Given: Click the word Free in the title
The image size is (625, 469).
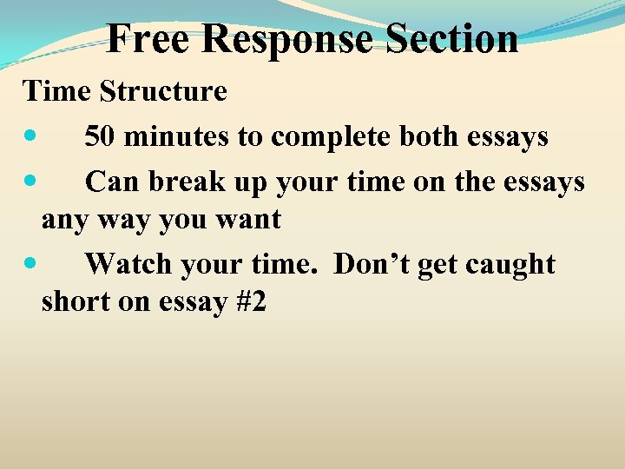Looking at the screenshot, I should pyautogui.click(x=143, y=38).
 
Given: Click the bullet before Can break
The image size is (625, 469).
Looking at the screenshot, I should pyautogui.click(x=31, y=182).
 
